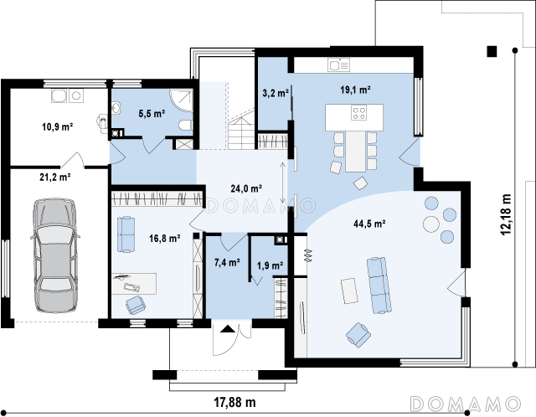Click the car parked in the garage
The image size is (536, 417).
coord(55,255)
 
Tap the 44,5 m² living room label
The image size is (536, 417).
coord(369,224)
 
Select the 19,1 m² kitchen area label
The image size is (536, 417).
coord(355,90)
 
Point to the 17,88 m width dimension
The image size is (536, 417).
coord(234,402)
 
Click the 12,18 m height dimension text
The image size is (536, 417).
coord(506,214)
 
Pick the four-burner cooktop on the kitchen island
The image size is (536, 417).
coord(359,113)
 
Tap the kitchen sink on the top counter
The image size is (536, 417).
coord(338,64)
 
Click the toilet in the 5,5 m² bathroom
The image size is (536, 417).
coord(185,125)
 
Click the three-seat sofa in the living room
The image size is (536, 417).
coord(379,285)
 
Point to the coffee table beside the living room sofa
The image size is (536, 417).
coord(349,291)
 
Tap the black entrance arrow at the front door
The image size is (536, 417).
coord(228,329)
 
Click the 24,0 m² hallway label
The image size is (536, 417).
coord(246,188)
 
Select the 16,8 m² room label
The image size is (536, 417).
coord(165,238)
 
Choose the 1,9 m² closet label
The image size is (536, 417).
coord(270,265)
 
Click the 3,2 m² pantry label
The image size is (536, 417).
coord(276,93)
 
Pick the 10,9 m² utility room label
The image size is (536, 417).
coord(58,126)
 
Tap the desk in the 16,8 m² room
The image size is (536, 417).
coord(134,283)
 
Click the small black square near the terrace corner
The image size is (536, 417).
coord(492,51)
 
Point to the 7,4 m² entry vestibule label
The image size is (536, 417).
coord(227,262)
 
